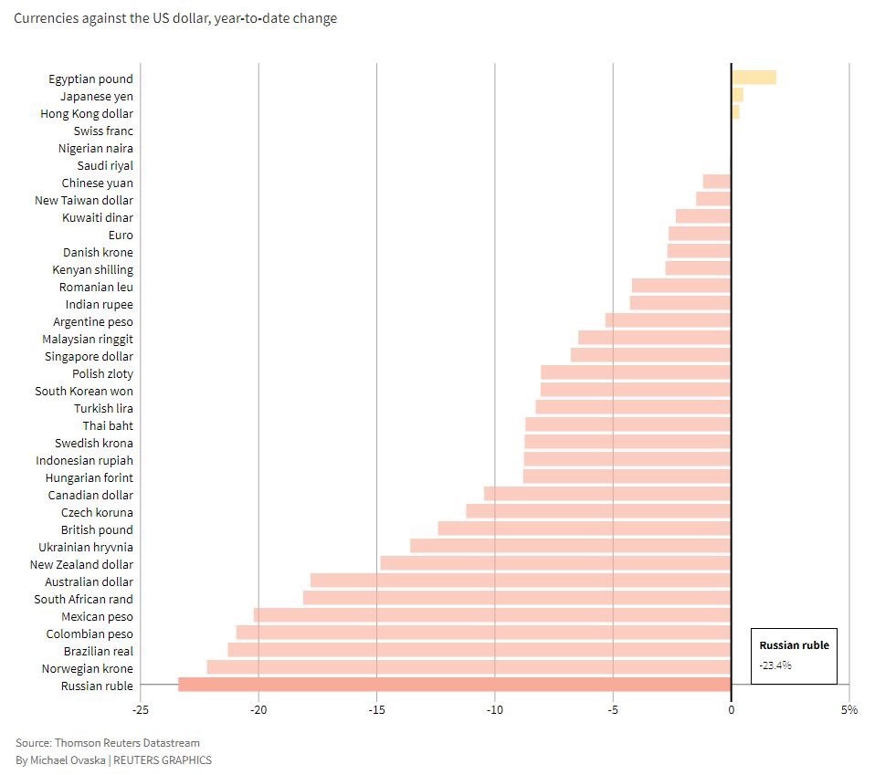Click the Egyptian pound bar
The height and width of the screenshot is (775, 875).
click(754, 78)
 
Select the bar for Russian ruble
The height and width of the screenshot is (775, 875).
click(454, 685)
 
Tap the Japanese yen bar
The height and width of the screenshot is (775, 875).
click(737, 95)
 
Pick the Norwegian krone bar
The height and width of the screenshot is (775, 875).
click(469, 667)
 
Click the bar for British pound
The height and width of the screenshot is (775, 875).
click(585, 529)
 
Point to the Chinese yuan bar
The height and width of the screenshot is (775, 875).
click(717, 182)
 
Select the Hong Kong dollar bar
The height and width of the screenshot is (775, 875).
click(735, 112)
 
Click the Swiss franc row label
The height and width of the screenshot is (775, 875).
click(103, 131)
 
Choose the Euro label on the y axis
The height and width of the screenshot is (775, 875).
click(121, 235)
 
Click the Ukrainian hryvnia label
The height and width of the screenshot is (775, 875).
click(86, 547)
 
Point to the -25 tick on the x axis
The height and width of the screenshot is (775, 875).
click(140, 709)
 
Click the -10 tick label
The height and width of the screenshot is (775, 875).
click(494, 709)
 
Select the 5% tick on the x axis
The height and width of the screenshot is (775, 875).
click(849, 709)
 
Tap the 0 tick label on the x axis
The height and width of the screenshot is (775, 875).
click(731, 709)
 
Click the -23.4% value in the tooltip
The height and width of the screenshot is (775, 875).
click(775, 665)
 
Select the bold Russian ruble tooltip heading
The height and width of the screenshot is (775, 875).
click(794, 644)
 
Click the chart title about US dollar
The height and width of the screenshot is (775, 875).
click(175, 18)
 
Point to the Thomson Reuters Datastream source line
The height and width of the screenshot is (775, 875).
click(107, 743)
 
